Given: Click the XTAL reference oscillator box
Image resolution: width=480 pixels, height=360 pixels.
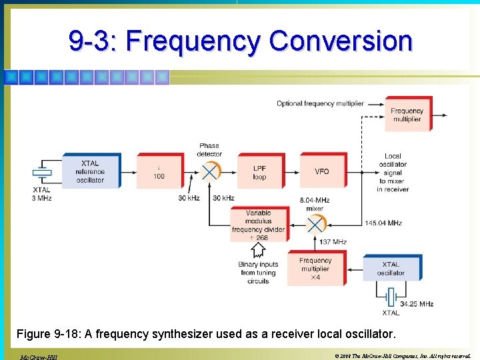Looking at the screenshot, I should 91,171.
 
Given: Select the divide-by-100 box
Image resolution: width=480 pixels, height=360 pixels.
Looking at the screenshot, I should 159,171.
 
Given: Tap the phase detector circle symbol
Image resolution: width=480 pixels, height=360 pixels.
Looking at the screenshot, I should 209,171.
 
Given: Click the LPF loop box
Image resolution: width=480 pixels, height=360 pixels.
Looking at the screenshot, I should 259,172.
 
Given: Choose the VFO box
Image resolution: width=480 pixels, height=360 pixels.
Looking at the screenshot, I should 322,171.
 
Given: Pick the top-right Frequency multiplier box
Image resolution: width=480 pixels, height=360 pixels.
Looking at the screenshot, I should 407,115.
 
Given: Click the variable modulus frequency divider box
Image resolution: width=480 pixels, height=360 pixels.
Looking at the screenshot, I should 258,225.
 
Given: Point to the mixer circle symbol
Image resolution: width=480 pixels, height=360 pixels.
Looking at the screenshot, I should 315,223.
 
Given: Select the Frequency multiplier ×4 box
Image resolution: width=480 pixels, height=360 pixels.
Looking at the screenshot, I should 315,269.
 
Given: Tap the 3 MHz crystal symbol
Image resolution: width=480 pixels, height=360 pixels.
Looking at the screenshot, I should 42,173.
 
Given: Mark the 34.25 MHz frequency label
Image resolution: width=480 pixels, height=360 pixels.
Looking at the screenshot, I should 417,304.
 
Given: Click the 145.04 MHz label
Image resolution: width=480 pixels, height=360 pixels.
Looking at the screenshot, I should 383,223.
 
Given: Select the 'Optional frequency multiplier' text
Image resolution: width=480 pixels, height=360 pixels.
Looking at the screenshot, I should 320,103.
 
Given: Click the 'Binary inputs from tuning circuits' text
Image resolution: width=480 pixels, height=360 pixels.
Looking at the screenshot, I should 258,273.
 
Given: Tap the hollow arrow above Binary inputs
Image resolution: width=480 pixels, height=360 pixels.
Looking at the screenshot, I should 258,249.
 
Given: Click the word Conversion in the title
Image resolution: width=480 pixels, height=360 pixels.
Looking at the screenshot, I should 341,41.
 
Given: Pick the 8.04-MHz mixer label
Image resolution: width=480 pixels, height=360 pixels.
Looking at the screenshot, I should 315,204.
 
